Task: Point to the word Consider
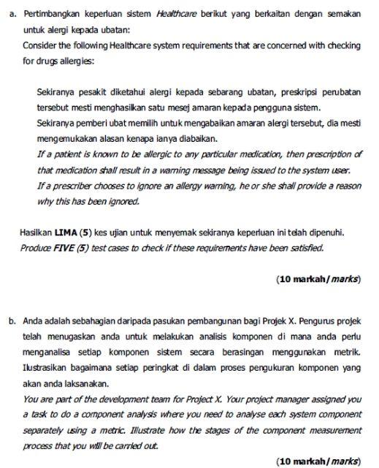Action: point(41,45)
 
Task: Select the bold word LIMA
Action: point(67,233)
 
